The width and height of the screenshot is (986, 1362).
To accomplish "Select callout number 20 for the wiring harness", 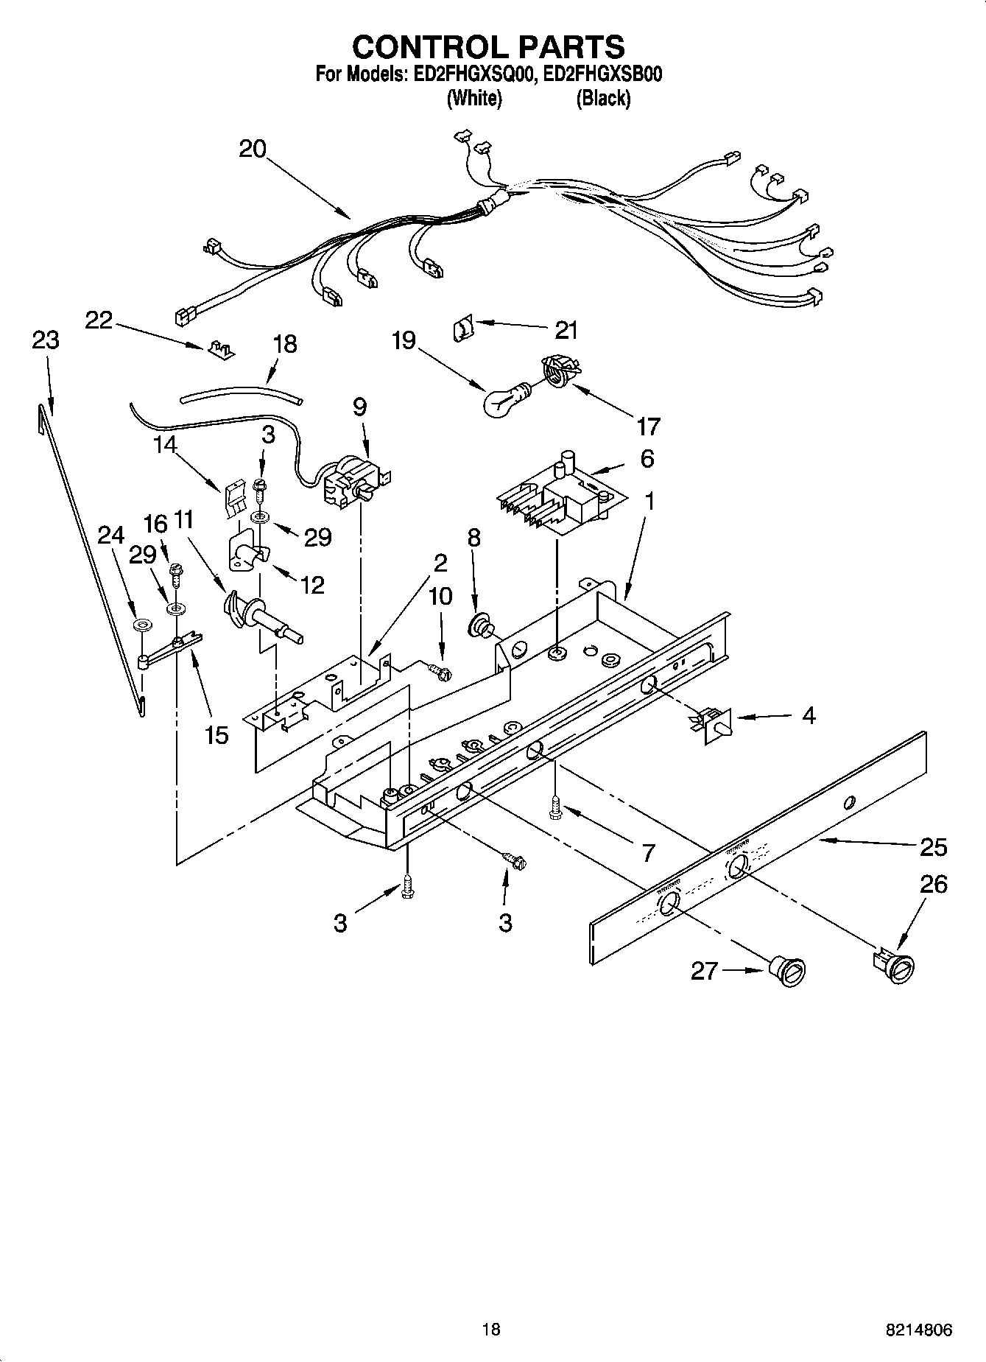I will point(253,149).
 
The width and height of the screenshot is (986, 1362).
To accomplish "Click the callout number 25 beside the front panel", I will point(933,847).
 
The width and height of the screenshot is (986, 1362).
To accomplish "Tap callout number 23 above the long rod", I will point(46,340).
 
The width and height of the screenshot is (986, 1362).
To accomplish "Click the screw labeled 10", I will point(439,670).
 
